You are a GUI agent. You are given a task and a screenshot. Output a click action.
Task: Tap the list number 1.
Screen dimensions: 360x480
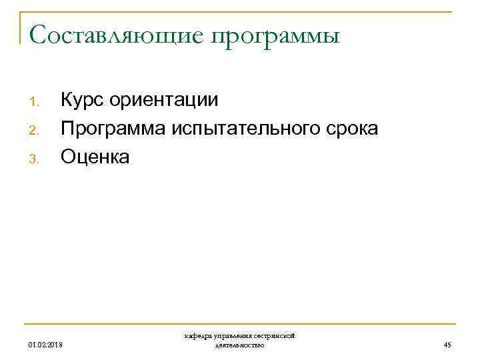click(35, 103)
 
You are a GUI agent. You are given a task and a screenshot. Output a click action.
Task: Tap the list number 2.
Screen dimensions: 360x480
click(35, 131)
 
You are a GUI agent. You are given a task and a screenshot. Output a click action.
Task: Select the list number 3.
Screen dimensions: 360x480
click(35, 159)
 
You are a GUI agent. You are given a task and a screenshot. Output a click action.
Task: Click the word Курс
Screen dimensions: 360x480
click(83, 101)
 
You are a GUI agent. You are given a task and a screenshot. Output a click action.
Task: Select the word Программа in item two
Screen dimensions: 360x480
click(110, 129)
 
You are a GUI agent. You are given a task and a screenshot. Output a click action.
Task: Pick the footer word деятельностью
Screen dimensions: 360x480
click(240, 345)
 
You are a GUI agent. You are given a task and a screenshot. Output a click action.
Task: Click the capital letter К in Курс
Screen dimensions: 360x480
click(67, 101)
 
